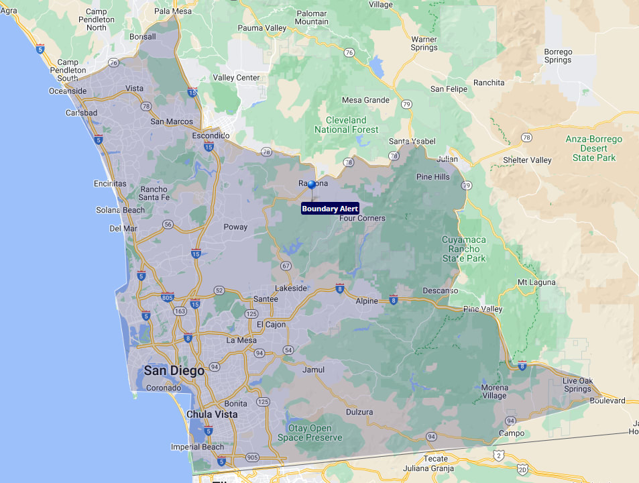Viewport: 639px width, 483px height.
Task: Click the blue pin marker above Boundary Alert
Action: (312, 184)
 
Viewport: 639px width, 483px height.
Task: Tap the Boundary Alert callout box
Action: (330, 209)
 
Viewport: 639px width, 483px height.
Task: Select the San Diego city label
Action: (174, 370)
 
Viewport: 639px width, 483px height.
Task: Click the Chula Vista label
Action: (212, 415)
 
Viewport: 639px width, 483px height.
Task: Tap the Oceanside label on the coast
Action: (68, 91)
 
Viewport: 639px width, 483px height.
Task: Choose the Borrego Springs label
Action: (558, 56)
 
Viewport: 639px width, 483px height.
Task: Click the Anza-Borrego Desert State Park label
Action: (593, 148)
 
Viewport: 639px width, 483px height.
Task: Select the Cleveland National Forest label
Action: (347, 125)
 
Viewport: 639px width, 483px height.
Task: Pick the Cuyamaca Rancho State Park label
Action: (463, 249)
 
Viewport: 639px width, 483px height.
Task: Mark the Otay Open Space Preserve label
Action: (310, 433)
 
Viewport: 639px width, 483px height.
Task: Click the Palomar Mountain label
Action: (312, 17)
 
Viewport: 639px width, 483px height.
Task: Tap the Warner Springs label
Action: (424, 44)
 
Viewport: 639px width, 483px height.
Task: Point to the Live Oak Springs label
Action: (577, 385)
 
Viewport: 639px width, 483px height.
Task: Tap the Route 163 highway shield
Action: (180, 311)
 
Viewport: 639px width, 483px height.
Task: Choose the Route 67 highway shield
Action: (286, 266)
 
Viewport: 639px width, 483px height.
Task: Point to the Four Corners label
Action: (362, 219)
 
